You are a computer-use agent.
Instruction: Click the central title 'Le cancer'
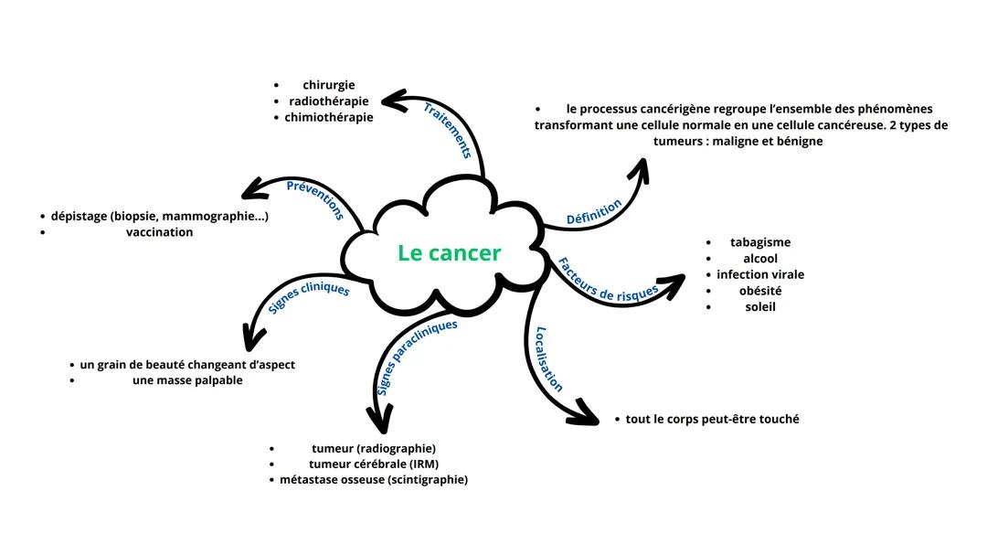pos(449,253)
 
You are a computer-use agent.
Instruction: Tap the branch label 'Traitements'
pos(447,130)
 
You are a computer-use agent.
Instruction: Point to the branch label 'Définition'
pos(594,212)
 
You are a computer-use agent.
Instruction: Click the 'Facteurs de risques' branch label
pos(608,280)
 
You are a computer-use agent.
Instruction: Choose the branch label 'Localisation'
pos(548,358)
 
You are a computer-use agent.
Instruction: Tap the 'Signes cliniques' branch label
pos(309,298)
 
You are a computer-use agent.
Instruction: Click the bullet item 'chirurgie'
pos(329,85)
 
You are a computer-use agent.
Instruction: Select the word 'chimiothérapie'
pos(329,117)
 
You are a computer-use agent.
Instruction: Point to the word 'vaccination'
pos(160,232)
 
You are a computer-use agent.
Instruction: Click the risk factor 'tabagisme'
pos(760,242)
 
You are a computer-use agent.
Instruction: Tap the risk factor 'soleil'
pos(760,306)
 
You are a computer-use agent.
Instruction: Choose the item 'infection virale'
pos(760,274)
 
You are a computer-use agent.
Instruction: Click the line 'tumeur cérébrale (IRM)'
pos(374,464)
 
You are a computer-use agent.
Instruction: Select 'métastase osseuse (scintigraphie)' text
pos(374,479)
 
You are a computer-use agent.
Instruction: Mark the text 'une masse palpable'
pos(187,379)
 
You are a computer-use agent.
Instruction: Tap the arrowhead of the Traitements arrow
pos(392,99)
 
